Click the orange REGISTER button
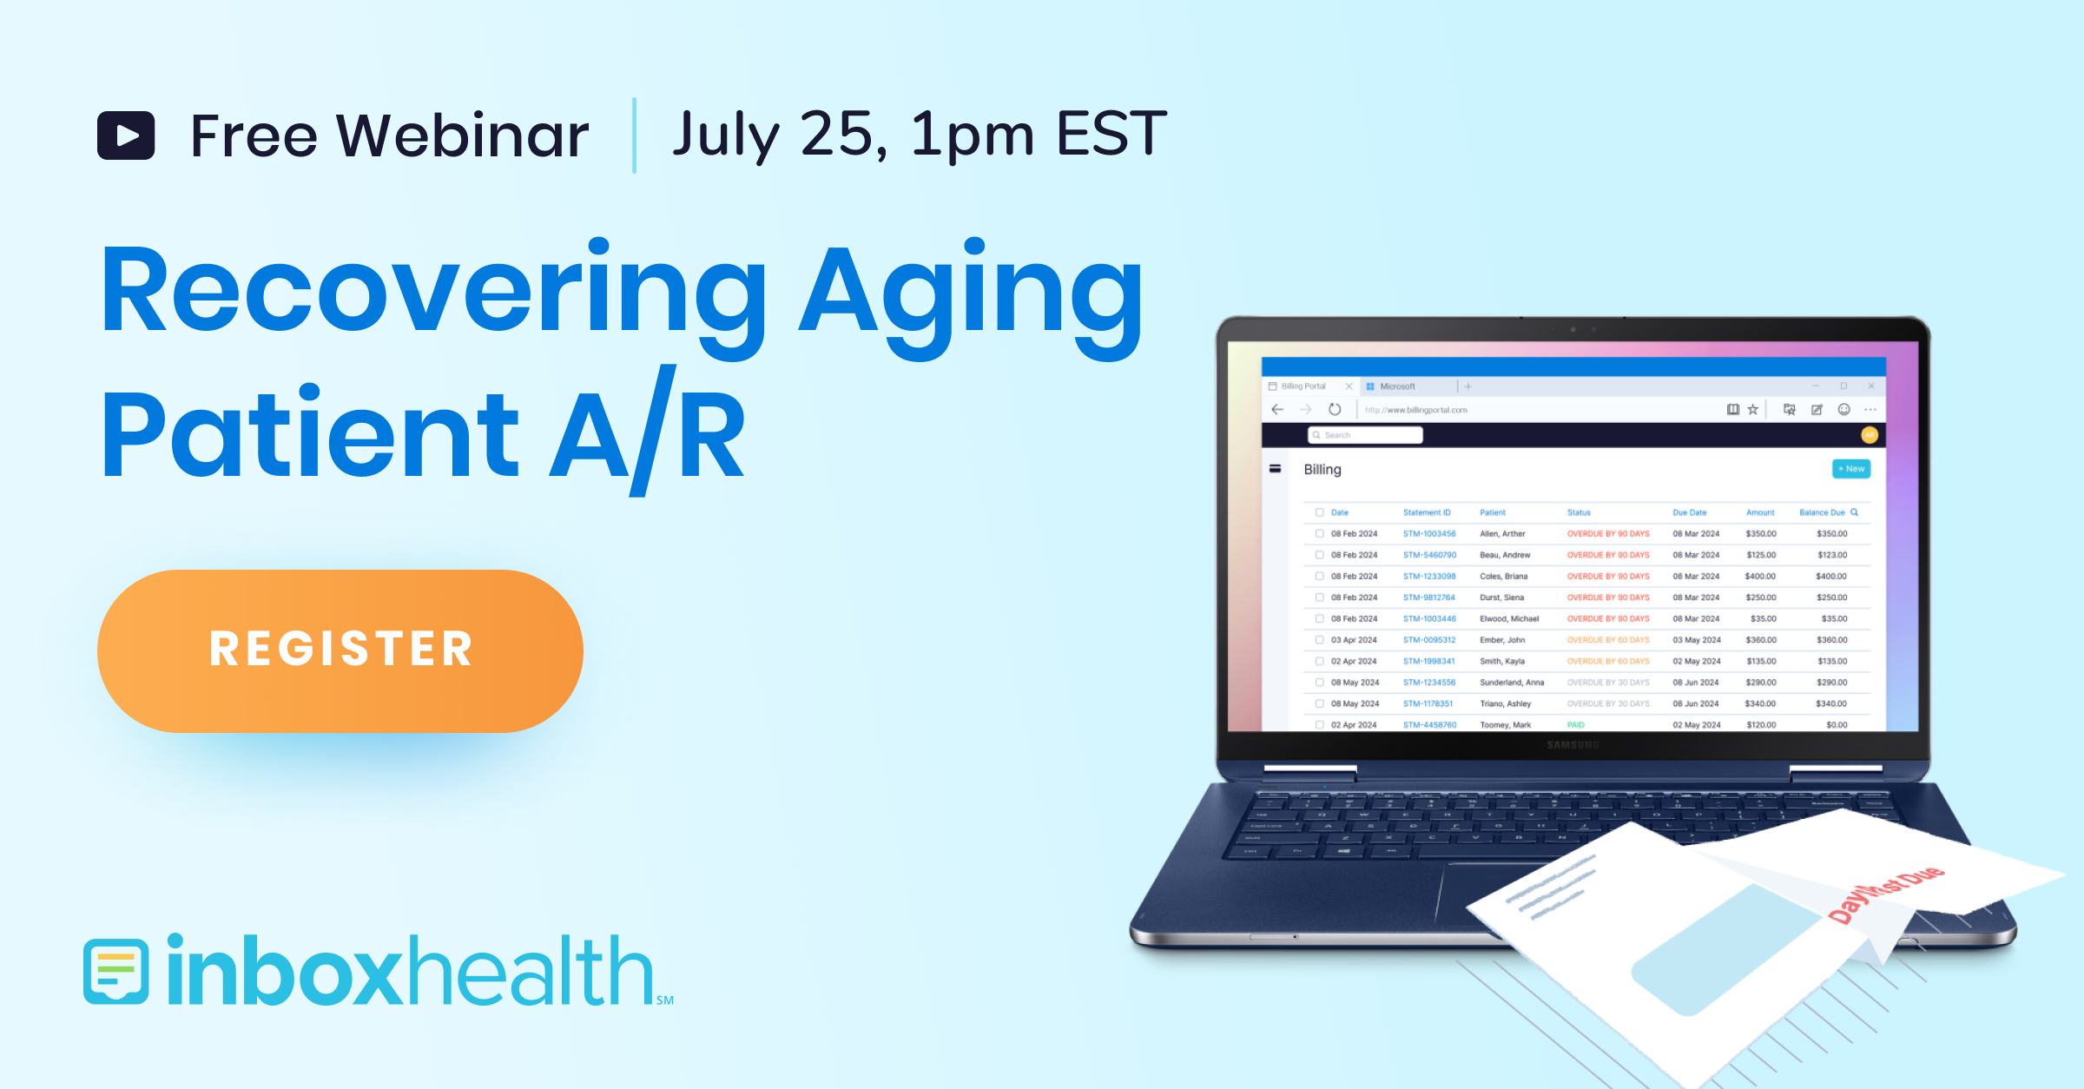coord(340,650)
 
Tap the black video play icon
coord(126,135)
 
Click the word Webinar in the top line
coord(462,135)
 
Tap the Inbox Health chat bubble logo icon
coord(116,971)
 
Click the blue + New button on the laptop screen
coord(1850,469)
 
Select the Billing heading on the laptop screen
coord(1322,470)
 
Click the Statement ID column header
coord(1426,512)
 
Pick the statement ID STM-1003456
coord(1428,534)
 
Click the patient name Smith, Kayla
coord(1501,661)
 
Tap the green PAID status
coord(1575,724)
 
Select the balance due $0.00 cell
coord(1836,724)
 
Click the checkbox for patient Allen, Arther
coord(1319,534)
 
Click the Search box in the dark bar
coord(1365,435)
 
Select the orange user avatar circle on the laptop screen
coord(1870,435)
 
